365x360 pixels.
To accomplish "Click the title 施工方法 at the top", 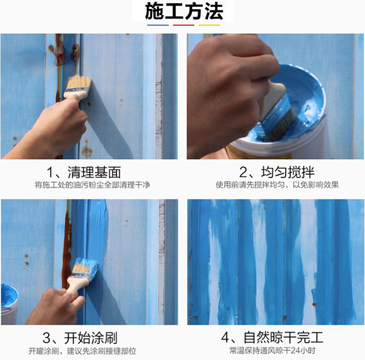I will click(x=184, y=12).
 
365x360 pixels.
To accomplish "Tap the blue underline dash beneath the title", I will click(x=158, y=25).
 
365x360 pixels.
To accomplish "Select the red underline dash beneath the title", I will click(x=183, y=25).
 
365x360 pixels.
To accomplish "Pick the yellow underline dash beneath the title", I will click(x=209, y=25).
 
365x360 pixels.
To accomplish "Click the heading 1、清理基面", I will click(x=84, y=172).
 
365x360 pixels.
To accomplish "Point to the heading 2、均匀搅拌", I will click(x=276, y=172).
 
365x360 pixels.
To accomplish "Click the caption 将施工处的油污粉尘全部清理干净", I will click(x=92, y=185).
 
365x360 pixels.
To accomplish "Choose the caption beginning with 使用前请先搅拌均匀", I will click(x=277, y=185).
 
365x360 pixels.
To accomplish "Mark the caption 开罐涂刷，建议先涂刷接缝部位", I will click(x=82, y=351).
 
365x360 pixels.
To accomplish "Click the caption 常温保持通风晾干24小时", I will click(x=272, y=351).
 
